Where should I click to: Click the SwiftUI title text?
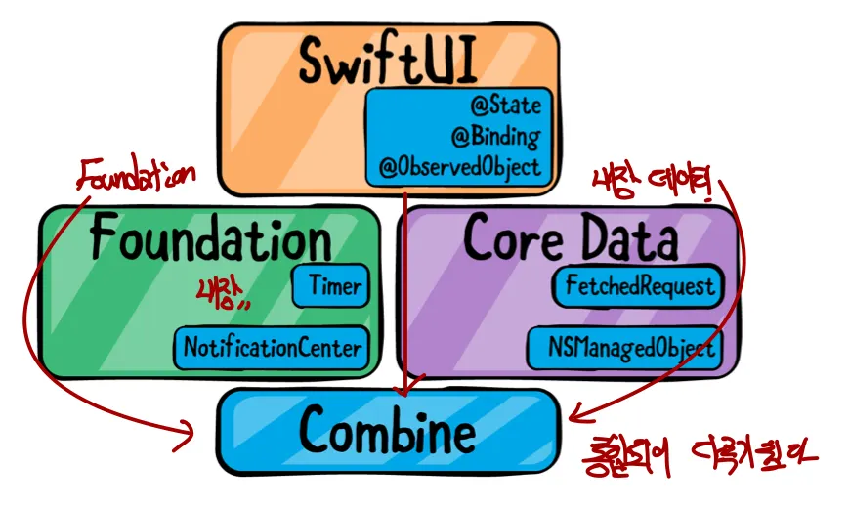[389, 63]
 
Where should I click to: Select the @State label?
[504, 105]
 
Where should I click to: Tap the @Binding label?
[495, 136]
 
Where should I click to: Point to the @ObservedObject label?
[460, 167]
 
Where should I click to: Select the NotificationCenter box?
[273, 347]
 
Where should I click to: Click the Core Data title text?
[570, 236]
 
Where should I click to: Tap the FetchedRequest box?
[638, 287]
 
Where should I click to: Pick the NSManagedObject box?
[630, 347]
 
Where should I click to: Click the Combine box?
[388, 431]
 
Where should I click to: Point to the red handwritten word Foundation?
[137, 176]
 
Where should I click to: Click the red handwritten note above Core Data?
[657, 181]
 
